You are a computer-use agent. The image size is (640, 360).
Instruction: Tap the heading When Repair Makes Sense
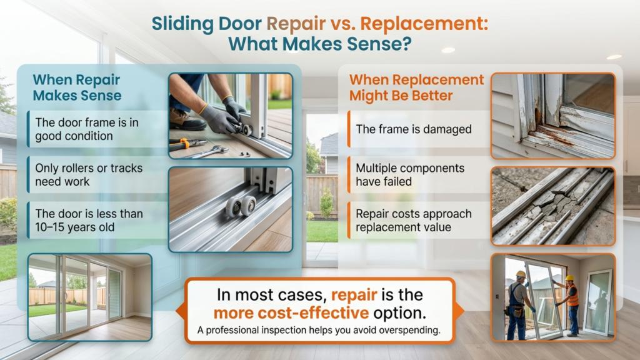click(x=76, y=87)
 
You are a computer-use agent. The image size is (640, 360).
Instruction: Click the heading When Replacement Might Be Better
click(x=416, y=87)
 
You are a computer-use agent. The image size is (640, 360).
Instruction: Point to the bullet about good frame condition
click(x=87, y=129)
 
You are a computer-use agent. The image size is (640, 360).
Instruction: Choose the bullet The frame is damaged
click(x=413, y=129)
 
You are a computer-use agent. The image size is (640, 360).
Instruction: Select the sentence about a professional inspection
click(x=319, y=330)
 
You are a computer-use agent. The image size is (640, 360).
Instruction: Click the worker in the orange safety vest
click(x=571, y=303)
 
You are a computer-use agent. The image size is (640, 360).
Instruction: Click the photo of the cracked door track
click(x=552, y=206)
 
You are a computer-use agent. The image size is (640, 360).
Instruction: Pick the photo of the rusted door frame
click(x=552, y=116)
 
